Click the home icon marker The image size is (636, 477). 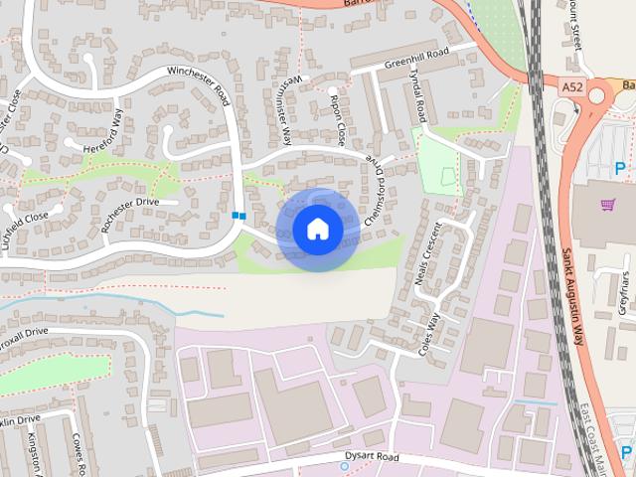click(317, 230)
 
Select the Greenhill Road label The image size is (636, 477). click(416, 58)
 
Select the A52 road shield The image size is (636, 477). click(571, 88)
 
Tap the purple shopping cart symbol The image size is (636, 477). click(607, 205)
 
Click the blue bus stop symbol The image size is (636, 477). click(238, 215)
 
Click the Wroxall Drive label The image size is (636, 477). click(24, 332)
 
